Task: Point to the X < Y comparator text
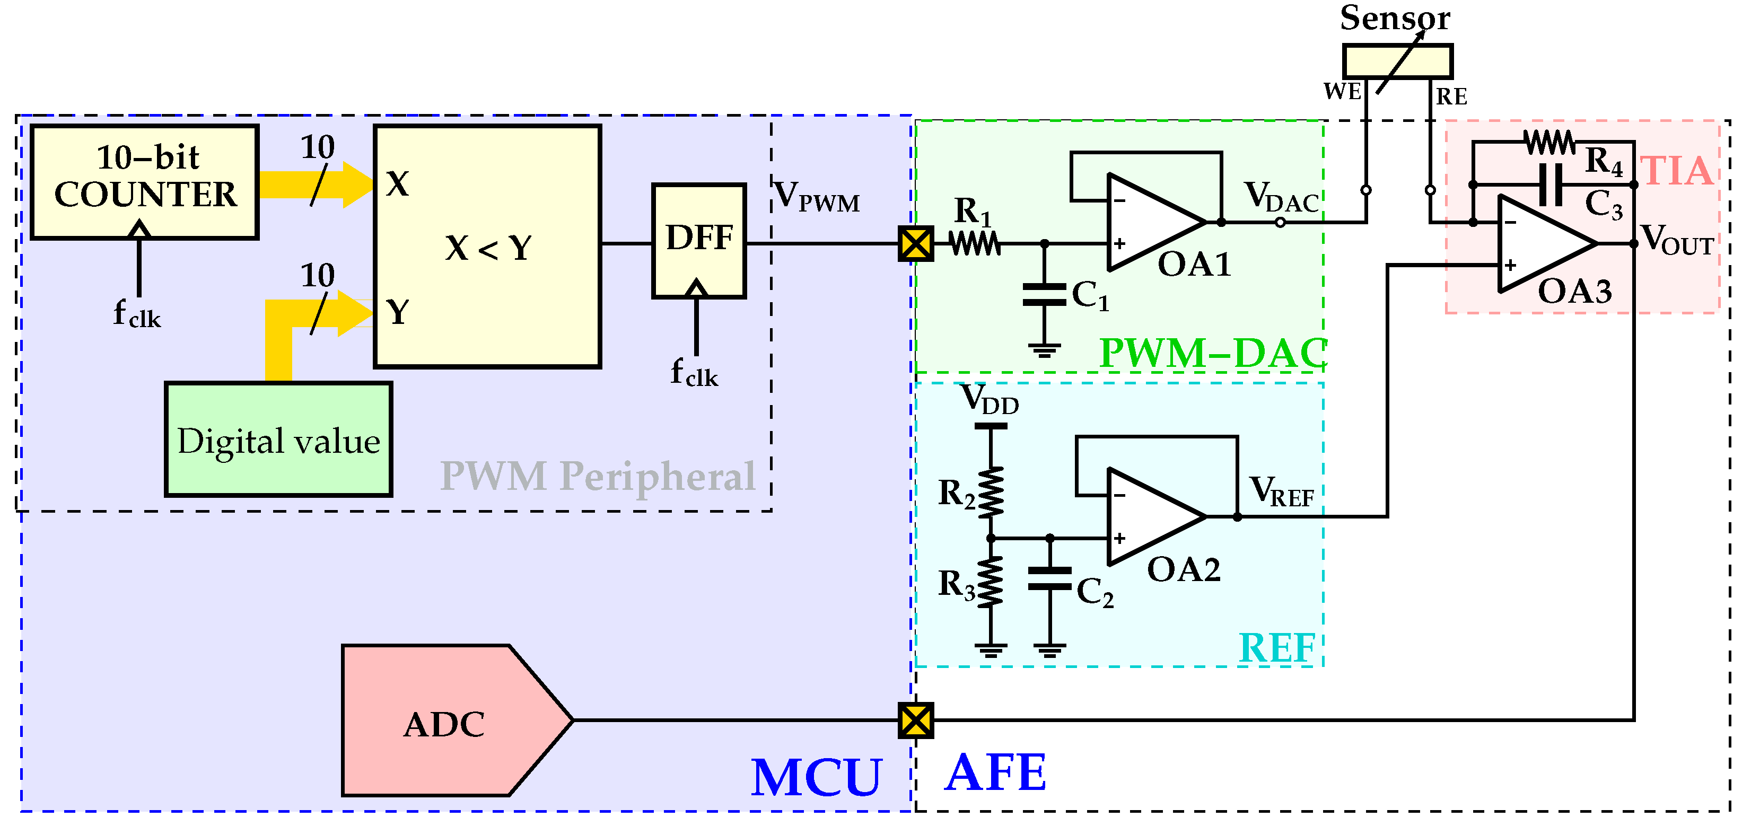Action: coord(488,248)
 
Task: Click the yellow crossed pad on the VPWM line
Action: coord(916,243)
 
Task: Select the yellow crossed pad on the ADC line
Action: coord(916,720)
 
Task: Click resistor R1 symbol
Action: coord(975,243)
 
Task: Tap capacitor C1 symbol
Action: coord(1044,295)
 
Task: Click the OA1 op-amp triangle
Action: coord(1149,222)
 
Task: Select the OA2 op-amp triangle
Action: coord(1149,517)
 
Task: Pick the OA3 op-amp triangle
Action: coord(1539,243)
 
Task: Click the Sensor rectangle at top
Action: coord(1397,61)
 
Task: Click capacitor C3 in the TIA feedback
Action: coord(1551,184)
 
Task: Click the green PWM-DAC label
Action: coord(1213,354)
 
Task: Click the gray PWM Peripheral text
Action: coord(598,476)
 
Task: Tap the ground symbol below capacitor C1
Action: coord(1044,351)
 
